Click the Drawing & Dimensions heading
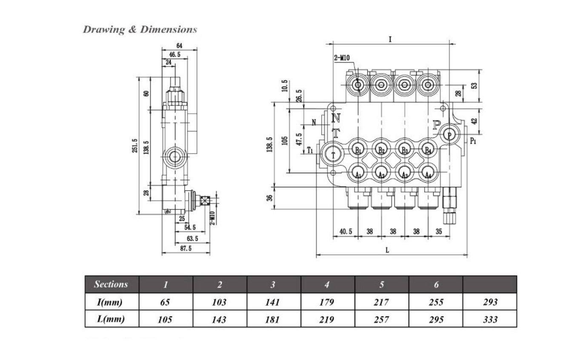click(140, 30)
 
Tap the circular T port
click(334, 155)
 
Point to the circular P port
click(449, 135)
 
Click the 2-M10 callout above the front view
click(342, 58)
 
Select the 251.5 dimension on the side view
click(135, 146)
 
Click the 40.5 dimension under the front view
click(346, 231)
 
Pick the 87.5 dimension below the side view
click(186, 248)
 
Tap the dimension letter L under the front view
click(387, 250)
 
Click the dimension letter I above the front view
click(390, 39)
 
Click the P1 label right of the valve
click(473, 141)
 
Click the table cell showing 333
click(490, 319)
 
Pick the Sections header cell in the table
click(111, 284)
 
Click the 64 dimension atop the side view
click(180, 46)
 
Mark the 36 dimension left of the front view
click(269, 199)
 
